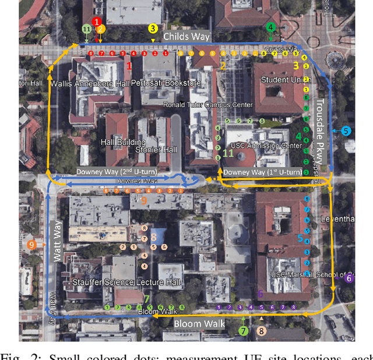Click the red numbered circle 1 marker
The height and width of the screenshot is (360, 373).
(x=97, y=22)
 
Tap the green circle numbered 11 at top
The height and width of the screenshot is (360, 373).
(x=86, y=29)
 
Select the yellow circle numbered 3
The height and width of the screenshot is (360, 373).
(x=153, y=28)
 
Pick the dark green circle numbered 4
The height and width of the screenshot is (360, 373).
(x=270, y=27)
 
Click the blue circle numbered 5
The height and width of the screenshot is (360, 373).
(x=346, y=131)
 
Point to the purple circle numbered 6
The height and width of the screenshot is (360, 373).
(x=349, y=278)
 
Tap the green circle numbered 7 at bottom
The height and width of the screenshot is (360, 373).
(x=243, y=331)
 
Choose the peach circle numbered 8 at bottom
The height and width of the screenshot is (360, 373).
(x=262, y=331)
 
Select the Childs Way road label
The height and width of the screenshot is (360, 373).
(x=184, y=36)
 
